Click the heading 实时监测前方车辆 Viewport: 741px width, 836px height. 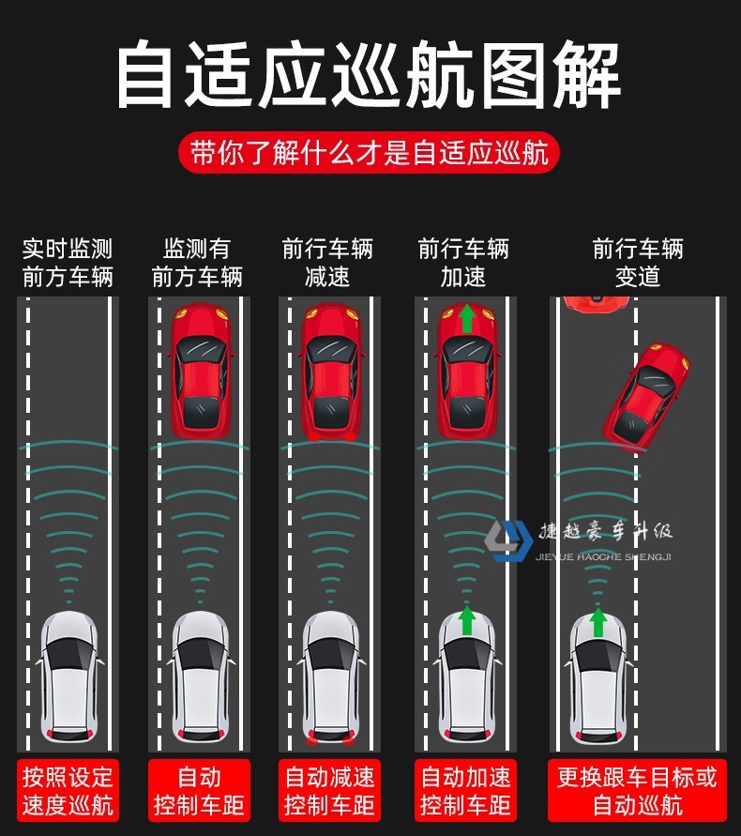pyautogui.click(x=68, y=263)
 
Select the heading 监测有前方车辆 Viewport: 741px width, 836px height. pyautogui.click(x=197, y=263)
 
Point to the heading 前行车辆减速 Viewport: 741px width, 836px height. pyautogui.click(x=327, y=263)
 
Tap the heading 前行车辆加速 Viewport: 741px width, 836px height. pyautogui.click(x=463, y=263)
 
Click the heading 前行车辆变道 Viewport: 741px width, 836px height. pyautogui.click(x=638, y=263)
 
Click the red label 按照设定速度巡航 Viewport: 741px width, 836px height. pyautogui.click(x=68, y=790)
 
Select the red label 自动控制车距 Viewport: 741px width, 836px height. pyautogui.click(x=199, y=790)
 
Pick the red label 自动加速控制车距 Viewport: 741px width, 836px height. pyautogui.click(x=465, y=790)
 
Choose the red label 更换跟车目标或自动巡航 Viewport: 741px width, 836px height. pyautogui.click(x=637, y=790)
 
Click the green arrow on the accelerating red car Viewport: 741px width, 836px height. pyautogui.click(x=466, y=318)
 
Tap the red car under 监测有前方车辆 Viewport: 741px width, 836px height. pyautogui.click(x=200, y=371)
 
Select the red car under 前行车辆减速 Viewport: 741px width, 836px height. pyautogui.click(x=330, y=371)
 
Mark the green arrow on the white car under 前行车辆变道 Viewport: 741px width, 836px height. pyautogui.click(x=597, y=621)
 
